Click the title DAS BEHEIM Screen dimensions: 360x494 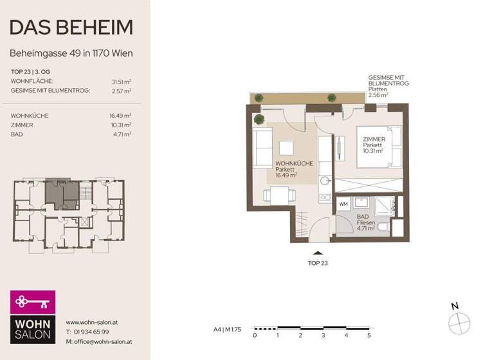click(x=72, y=27)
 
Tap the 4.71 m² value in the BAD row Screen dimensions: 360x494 click(x=122, y=134)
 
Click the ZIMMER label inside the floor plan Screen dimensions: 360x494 click(x=374, y=139)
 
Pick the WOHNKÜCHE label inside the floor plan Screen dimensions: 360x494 click(x=294, y=163)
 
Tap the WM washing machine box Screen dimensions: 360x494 click(x=343, y=204)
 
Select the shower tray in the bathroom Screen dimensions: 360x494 click(x=385, y=204)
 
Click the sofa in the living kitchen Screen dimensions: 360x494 click(x=264, y=147)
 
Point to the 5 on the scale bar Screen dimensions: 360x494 click(x=369, y=335)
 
